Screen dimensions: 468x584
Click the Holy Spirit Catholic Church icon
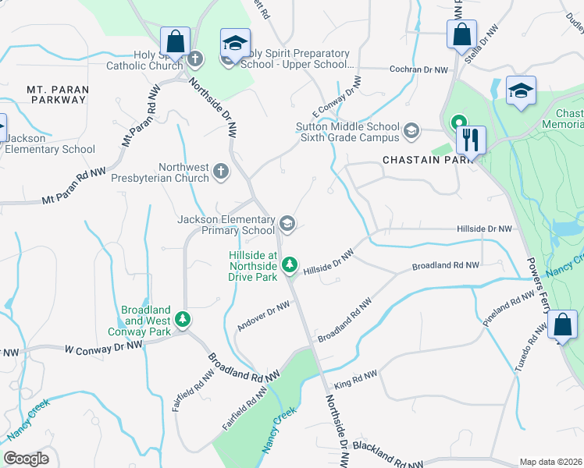coord(194,58)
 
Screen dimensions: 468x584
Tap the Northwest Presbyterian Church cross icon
coord(221,171)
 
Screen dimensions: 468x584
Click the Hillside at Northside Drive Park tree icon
coord(290,265)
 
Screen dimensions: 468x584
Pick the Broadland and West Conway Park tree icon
coord(183,319)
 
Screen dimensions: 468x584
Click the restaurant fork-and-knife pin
coord(470,140)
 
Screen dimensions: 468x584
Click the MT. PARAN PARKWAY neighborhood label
coord(58,95)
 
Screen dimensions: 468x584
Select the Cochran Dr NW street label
coord(419,69)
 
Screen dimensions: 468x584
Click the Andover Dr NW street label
coord(264,317)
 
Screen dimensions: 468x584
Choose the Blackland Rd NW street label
coord(388,454)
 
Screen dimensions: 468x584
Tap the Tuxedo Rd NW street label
coord(526,349)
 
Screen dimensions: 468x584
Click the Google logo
coord(26,459)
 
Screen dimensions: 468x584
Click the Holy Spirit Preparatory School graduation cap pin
coord(234,46)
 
